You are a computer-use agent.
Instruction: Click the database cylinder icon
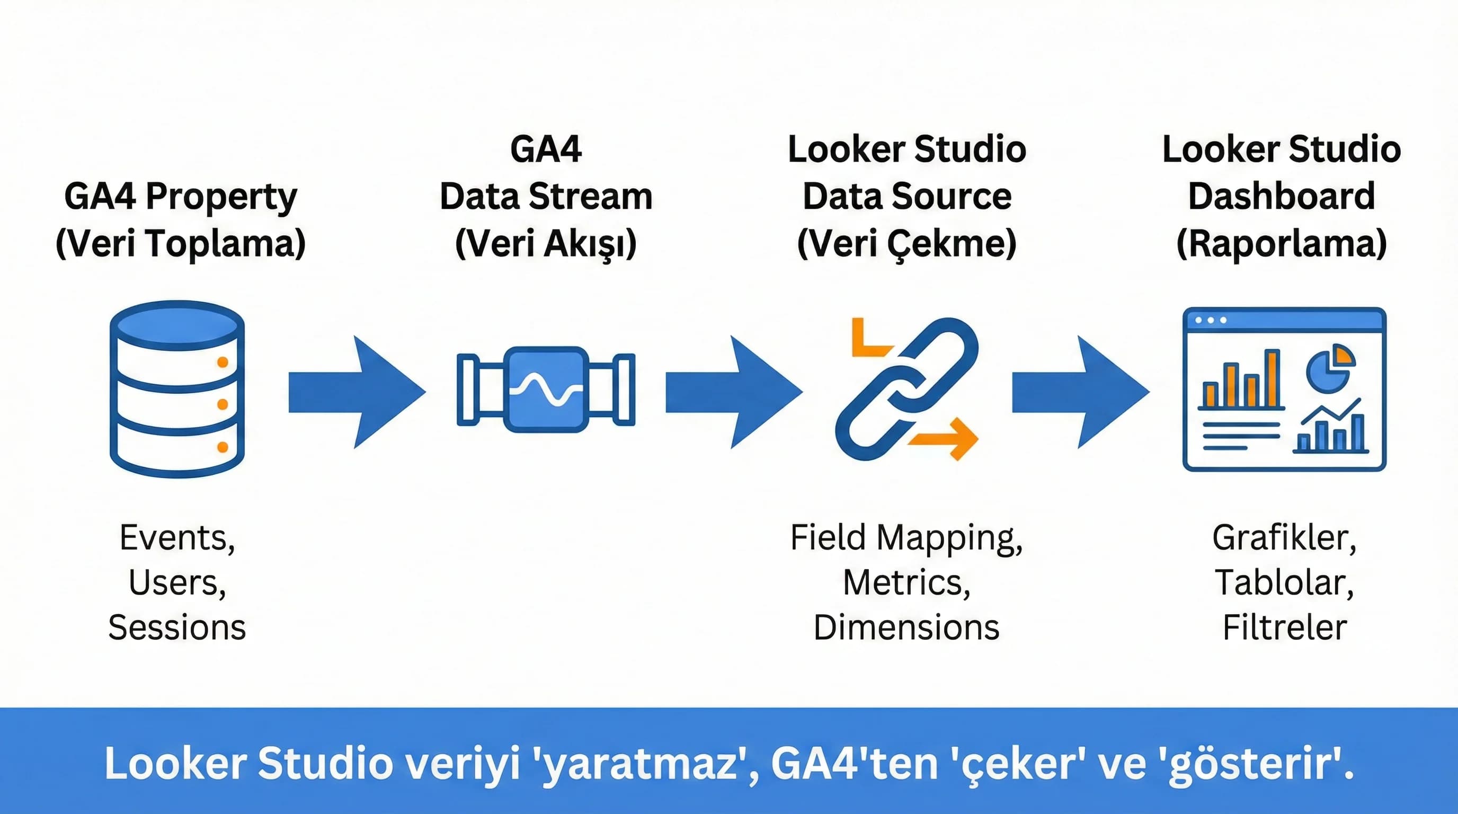pyautogui.click(x=177, y=390)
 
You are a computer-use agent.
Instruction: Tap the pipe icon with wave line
pyautogui.click(x=546, y=390)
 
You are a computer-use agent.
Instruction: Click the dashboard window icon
pyautogui.click(x=1284, y=390)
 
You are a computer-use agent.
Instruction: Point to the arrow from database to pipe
pyautogui.click(x=357, y=391)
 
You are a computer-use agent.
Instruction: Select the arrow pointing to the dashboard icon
pyautogui.click(x=1080, y=391)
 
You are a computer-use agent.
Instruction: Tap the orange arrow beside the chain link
pyautogui.click(x=945, y=438)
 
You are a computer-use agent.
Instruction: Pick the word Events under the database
pyautogui.click(x=177, y=538)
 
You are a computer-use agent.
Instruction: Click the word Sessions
pyautogui.click(x=177, y=628)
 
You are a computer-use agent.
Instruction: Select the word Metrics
pyautogui.click(x=906, y=582)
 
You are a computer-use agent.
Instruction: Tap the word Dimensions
pyautogui.click(x=906, y=628)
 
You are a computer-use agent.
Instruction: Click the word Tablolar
pyautogui.click(x=1284, y=582)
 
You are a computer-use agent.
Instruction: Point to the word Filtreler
pyautogui.click(x=1284, y=628)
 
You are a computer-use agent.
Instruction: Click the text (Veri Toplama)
pyautogui.click(x=181, y=243)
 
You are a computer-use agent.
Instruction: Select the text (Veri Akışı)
pyautogui.click(x=546, y=243)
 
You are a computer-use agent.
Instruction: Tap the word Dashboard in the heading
pyautogui.click(x=1282, y=197)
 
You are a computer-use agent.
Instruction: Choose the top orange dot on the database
pyautogui.click(x=223, y=362)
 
